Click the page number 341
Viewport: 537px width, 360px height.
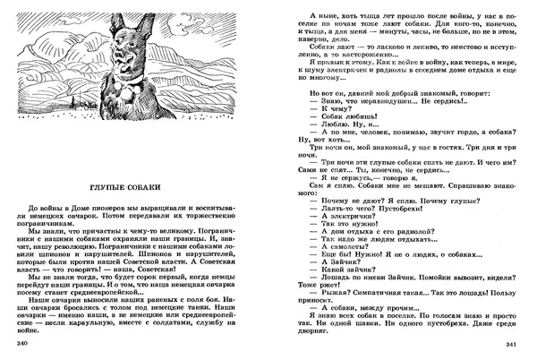click(513, 345)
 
